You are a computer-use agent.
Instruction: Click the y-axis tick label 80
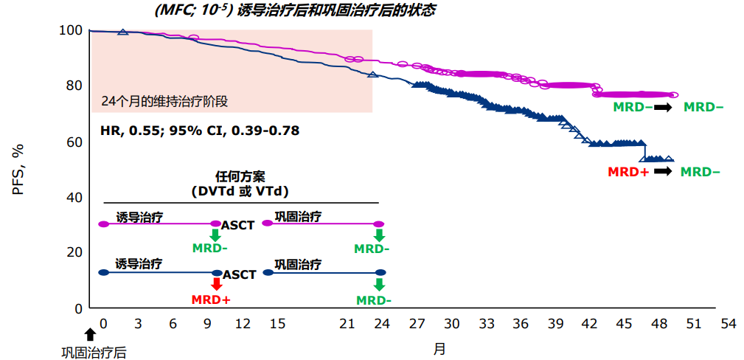pyautogui.click(x=72, y=86)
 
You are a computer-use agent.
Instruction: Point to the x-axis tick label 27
pyautogui.click(x=417, y=324)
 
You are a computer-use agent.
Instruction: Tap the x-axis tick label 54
pyautogui.click(x=729, y=324)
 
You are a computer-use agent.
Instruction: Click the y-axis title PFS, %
pyautogui.click(x=18, y=169)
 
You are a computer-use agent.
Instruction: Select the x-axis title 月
pyautogui.click(x=439, y=348)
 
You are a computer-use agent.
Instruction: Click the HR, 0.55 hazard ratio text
pyautogui.click(x=200, y=131)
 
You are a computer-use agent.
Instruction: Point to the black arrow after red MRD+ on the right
pyautogui.click(x=663, y=172)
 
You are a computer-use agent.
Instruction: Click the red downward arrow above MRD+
pyautogui.click(x=216, y=284)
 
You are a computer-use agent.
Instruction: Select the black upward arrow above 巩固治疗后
pyautogui.click(x=90, y=334)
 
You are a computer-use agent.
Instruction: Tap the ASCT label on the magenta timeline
pyautogui.click(x=237, y=225)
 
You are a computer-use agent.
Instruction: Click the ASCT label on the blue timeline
pyautogui.click(x=240, y=274)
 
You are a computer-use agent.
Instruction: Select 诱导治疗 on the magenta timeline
pyautogui.click(x=139, y=217)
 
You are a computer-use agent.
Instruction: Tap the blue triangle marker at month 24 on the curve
pyautogui.click(x=372, y=75)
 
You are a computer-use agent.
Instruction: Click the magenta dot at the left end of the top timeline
pyautogui.click(x=103, y=224)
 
